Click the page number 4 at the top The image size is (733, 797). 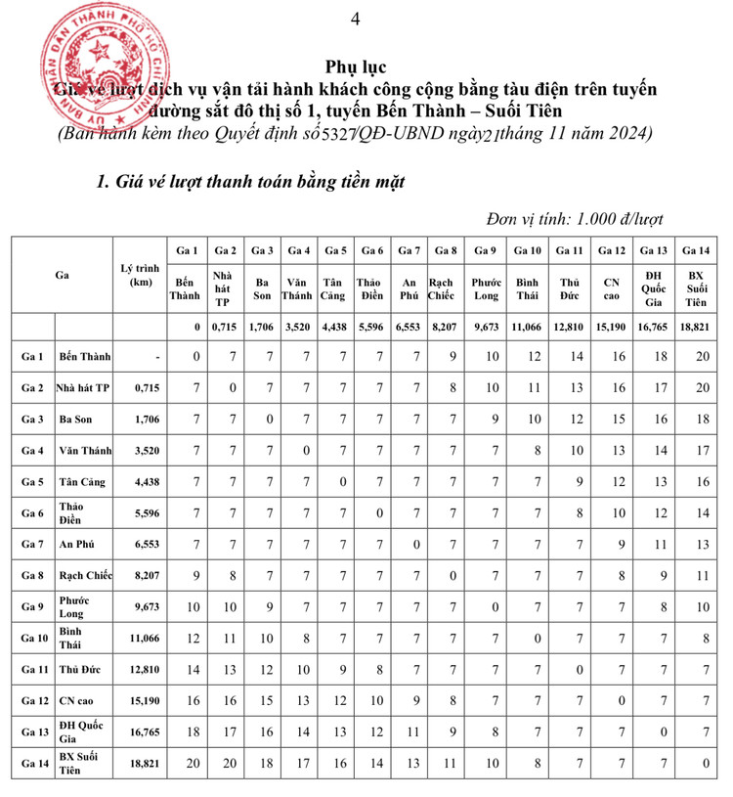pyautogui.click(x=355, y=18)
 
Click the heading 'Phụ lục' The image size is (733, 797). pyautogui.click(x=359, y=67)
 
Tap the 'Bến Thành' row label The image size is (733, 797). pyautogui.click(x=83, y=356)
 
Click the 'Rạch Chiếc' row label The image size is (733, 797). pyautogui.click(x=83, y=576)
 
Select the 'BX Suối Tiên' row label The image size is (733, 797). pyautogui.click(x=83, y=761)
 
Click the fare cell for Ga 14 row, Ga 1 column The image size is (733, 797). pyautogui.click(x=196, y=761)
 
